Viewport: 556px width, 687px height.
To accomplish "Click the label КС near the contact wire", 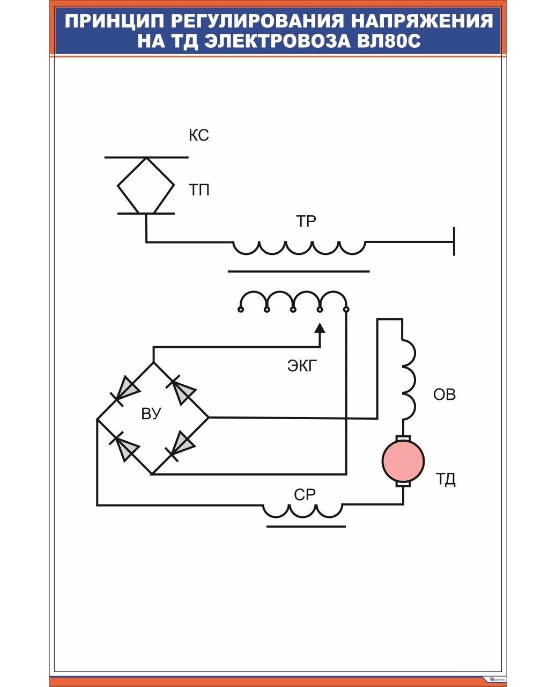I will pos(198,135).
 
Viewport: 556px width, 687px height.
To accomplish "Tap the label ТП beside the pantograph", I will pos(199,190).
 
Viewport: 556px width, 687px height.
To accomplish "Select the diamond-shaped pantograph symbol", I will pos(146,186).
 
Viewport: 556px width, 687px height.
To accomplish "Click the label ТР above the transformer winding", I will pos(306,221).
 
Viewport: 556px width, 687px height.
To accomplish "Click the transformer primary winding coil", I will pos(299,247).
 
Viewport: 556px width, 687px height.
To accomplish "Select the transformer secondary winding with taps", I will pos(293,300).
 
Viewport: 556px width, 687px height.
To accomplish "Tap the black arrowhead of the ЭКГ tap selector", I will pos(320,328).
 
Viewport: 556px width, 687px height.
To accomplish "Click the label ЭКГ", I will pos(302,366).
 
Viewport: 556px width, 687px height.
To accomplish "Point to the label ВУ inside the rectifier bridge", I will pos(151,414).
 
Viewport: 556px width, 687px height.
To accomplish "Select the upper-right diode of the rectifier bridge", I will pos(181,390).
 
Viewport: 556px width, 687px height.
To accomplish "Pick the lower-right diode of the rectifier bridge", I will pos(181,445).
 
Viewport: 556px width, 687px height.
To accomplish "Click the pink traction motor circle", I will pos(403,461).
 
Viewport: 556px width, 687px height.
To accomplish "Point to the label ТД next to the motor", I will pos(446,479).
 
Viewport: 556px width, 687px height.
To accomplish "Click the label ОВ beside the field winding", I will pos(444,394).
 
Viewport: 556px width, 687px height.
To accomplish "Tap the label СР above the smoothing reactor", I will pos(305,495).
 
